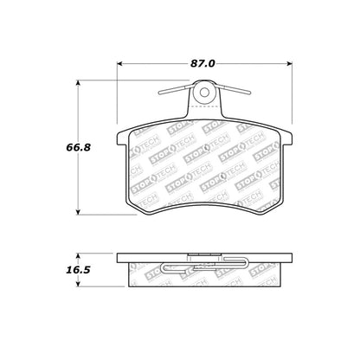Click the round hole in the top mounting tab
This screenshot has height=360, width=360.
(204, 91)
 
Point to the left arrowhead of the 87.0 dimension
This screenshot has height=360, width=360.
(119, 64)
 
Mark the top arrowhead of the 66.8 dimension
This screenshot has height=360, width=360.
(81, 86)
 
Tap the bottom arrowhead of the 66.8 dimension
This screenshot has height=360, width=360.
(81, 212)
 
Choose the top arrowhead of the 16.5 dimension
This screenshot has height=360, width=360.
(81, 255)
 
